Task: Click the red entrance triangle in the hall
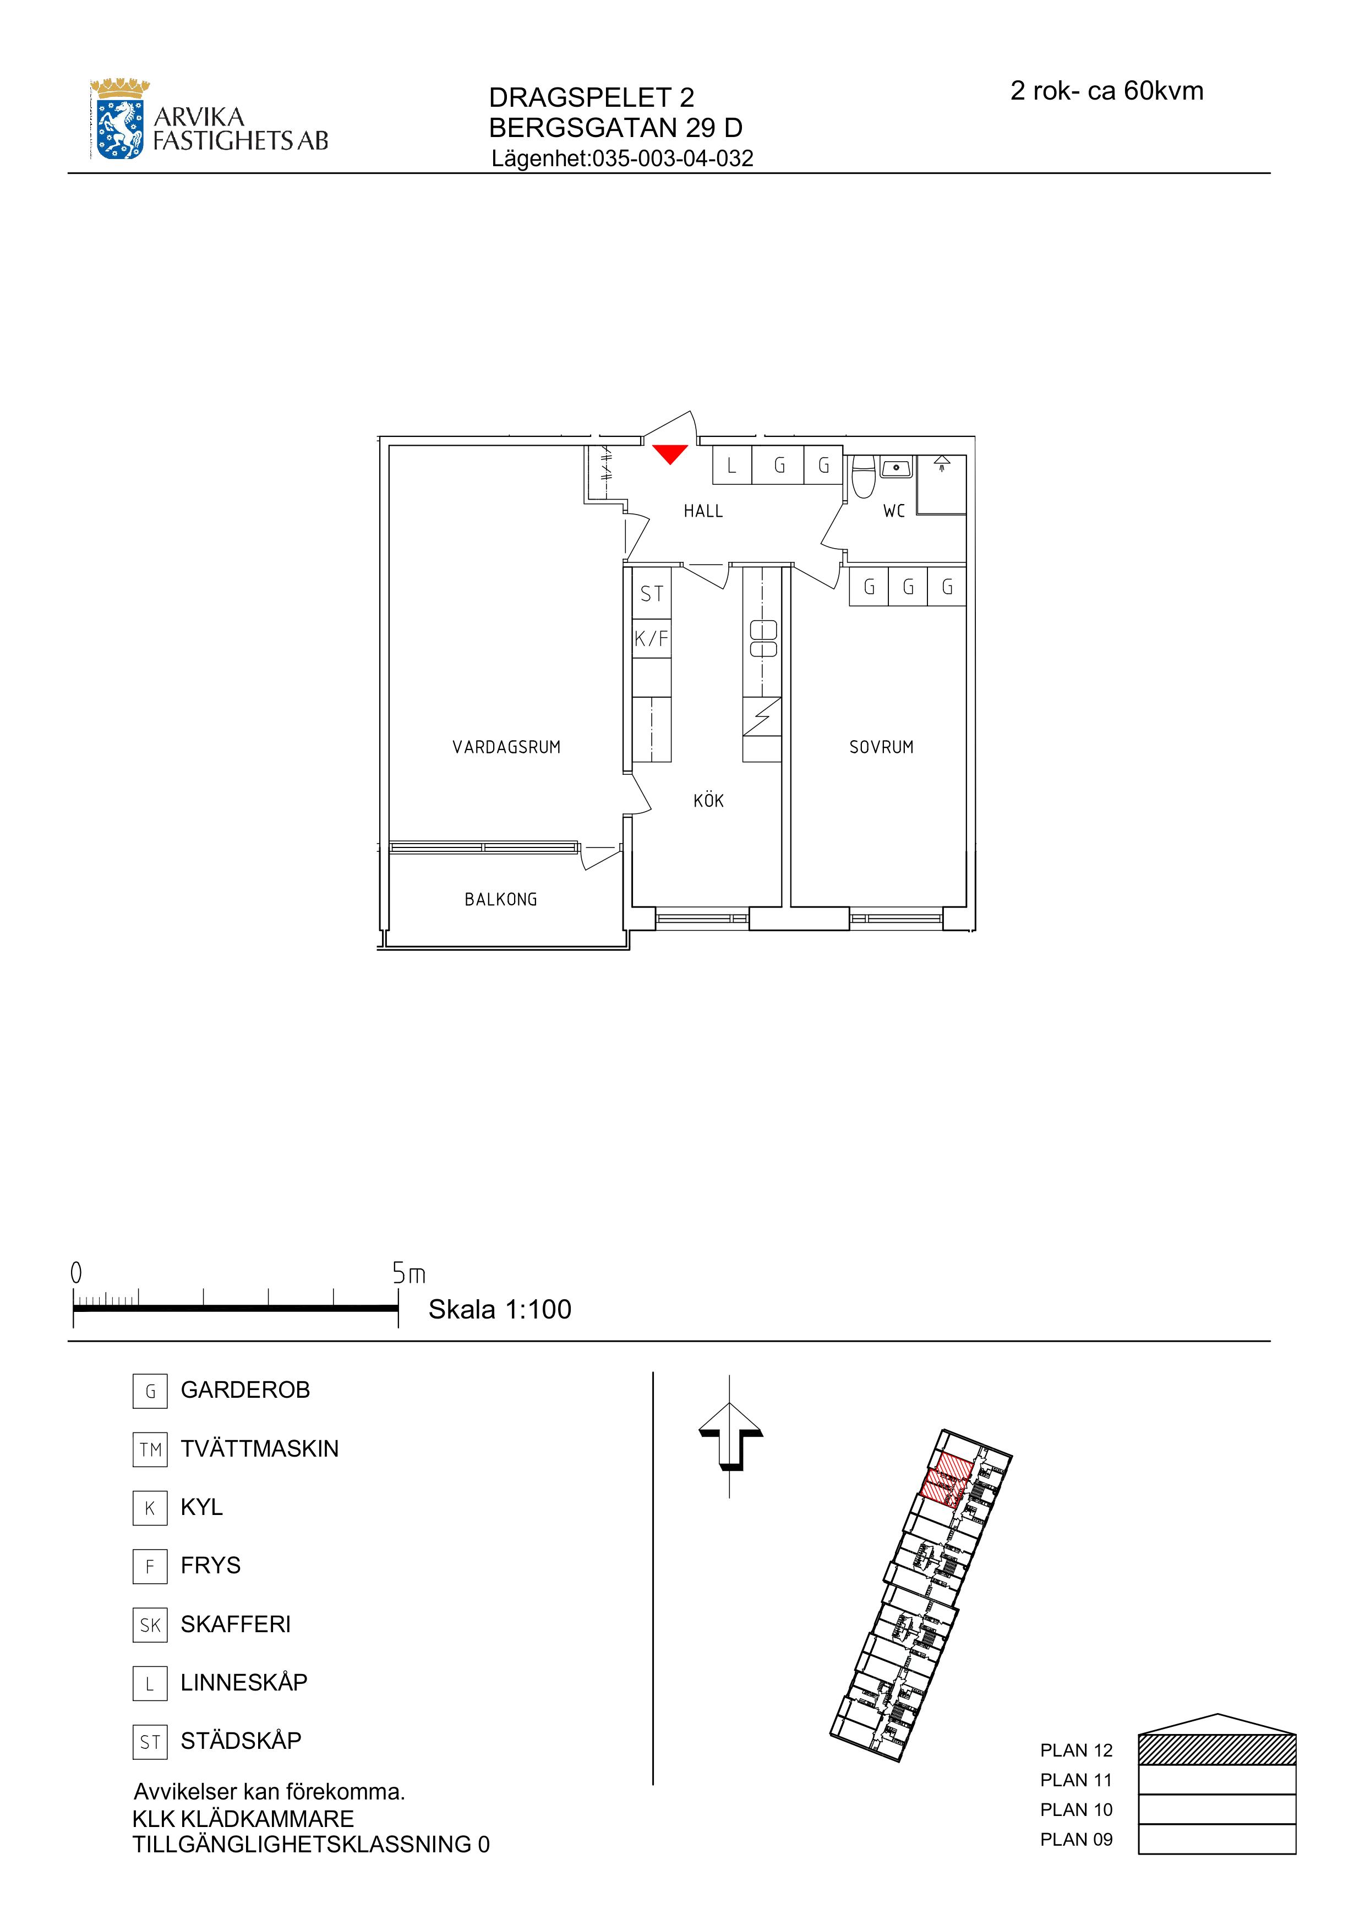pyautogui.click(x=670, y=453)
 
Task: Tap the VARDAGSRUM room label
pyautogui.click(x=506, y=747)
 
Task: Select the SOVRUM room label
pyautogui.click(x=881, y=747)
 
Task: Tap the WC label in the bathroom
pyautogui.click(x=894, y=511)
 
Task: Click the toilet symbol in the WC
pyautogui.click(x=863, y=477)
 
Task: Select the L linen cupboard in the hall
pyautogui.click(x=731, y=465)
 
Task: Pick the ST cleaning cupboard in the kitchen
pyautogui.click(x=652, y=594)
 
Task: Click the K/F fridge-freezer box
pyautogui.click(x=652, y=638)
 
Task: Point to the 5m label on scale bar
pyautogui.click(x=409, y=1274)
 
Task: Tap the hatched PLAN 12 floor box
pyautogui.click(x=1217, y=1749)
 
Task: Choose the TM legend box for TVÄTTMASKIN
pyautogui.click(x=150, y=1449)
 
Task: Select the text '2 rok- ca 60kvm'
pyautogui.click(x=1107, y=91)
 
